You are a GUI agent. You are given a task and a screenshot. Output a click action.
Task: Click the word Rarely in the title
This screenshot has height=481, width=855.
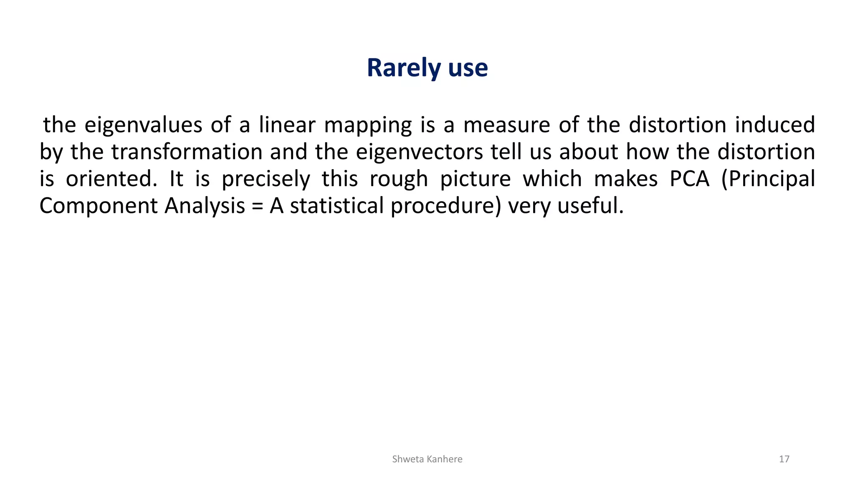(404, 68)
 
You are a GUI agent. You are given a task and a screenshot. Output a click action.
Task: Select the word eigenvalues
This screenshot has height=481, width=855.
(143, 125)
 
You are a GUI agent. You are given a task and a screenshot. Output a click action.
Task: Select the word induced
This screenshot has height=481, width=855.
(775, 125)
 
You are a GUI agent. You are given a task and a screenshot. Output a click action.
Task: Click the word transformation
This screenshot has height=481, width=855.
(187, 152)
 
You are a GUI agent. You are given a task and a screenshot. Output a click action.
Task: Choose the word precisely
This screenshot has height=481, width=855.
(266, 180)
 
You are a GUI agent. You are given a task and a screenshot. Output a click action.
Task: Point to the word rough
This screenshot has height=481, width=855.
(399, 180)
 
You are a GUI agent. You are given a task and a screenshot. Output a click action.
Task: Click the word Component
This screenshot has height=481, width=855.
(99, 206)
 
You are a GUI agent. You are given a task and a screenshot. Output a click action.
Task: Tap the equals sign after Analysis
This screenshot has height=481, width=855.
(257, 206)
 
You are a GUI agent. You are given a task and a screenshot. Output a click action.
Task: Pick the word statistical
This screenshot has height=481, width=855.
(336, 205)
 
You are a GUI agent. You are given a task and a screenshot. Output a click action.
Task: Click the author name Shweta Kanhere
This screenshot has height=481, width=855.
(427, 459)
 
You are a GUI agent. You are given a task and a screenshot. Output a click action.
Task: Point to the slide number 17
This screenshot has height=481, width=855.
(784, 459)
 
